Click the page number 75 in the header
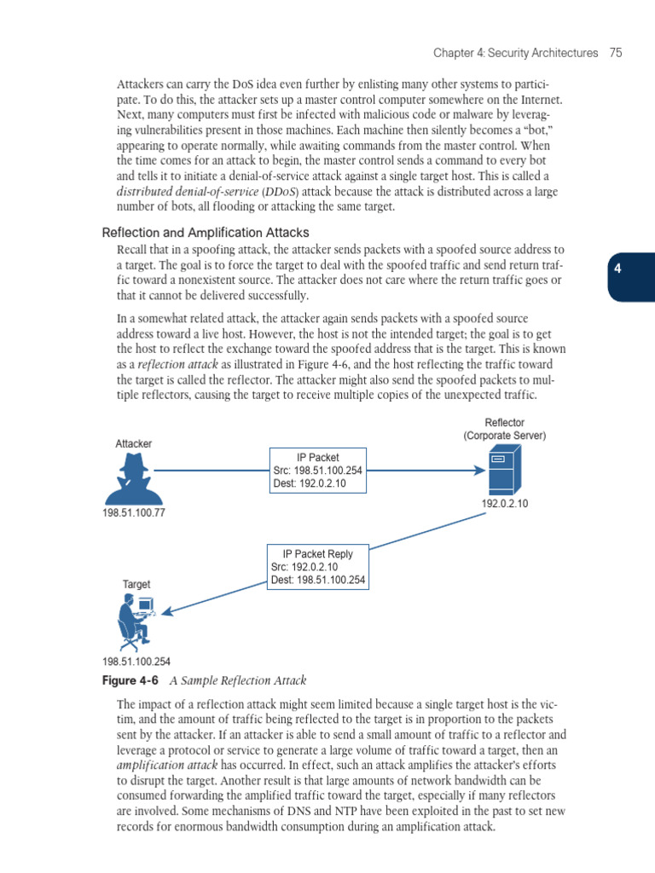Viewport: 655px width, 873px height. pyautogui.click(x=616, y=53)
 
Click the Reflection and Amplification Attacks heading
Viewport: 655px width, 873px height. pyautogui.click(x=206, y=233)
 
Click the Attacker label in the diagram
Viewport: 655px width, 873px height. pyautogui.click(x=134, y=444)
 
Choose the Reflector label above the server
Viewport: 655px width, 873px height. pyautogui.click(x=505, y=423)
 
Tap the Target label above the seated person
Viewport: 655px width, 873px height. pyautogui.click(x=136, y=585)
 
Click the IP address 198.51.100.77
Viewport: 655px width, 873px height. pyautogui.click(x=134, y=513)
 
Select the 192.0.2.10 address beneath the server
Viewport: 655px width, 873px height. pyautogui.click(x=505, y=504)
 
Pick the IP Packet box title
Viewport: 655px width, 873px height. pyautogui.click(x=318, y=457)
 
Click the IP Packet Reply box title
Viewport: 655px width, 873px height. pyautogui.click(x=318, y=553)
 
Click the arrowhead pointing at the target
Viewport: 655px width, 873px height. pyautogui.click(x=168, y=611)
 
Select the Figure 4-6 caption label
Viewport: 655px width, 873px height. pyautogui.click(x=130, y=681)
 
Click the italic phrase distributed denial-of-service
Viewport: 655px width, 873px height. pyautogui.click(x=185, y=192)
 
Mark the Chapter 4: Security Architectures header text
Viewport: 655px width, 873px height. pyautogui.click(x=515, y=53)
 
